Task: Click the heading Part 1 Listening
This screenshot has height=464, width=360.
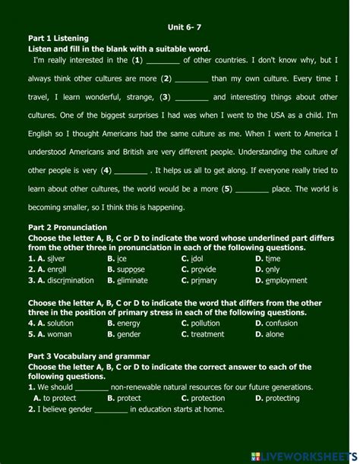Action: click(x=58, y=37)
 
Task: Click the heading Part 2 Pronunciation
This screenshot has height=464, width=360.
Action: click(x=68, y=227)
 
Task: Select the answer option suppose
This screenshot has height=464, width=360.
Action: click(x=130, y=269)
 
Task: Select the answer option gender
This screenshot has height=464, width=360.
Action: click(x=128, y=333)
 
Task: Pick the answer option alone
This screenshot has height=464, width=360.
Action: click(x=274, y=333)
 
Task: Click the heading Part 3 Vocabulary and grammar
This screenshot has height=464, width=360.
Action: click(x=89, y=355)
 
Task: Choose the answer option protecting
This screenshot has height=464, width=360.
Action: click(x=283, y=398)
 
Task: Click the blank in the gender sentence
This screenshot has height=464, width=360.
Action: click(x=111, y=409)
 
